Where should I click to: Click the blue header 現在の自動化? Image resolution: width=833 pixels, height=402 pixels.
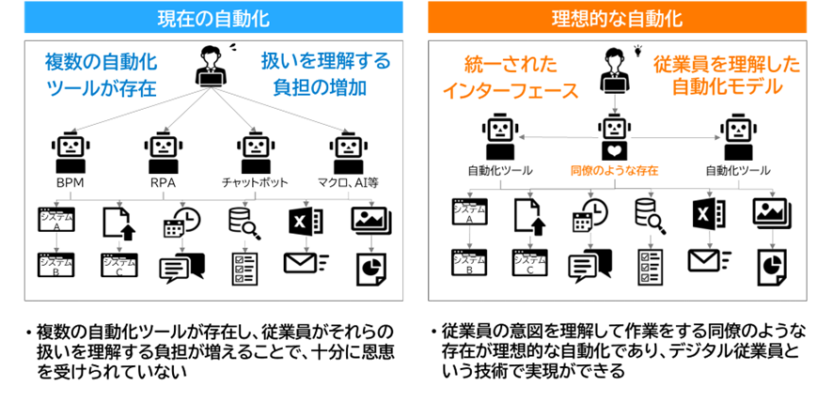(x=213, y=18)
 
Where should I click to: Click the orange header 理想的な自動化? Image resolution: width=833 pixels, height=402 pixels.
(x=617, y=18)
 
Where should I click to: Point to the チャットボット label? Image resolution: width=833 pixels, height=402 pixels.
(x=255, y=182)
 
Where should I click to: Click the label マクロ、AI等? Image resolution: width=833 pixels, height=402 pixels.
(x=347, y=182)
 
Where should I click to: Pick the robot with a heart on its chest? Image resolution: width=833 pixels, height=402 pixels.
(x=614, y=139)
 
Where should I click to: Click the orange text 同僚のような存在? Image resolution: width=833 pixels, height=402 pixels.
(x=614, y=171)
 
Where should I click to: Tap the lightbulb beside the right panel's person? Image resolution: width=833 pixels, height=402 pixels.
(x=639, y=49)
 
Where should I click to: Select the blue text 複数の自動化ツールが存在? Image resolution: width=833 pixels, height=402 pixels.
(x=101, y=76)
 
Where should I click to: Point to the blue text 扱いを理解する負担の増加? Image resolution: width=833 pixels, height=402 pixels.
(x=325, y=76)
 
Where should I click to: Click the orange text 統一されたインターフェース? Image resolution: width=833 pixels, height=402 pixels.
(x=511, y=77)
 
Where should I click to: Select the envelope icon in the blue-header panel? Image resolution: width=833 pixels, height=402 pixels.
(x=304, y=262)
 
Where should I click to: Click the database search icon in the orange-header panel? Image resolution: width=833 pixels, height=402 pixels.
(x=650, y=216)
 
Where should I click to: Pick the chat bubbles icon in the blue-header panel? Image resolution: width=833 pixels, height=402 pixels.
(x=181, y=269)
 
